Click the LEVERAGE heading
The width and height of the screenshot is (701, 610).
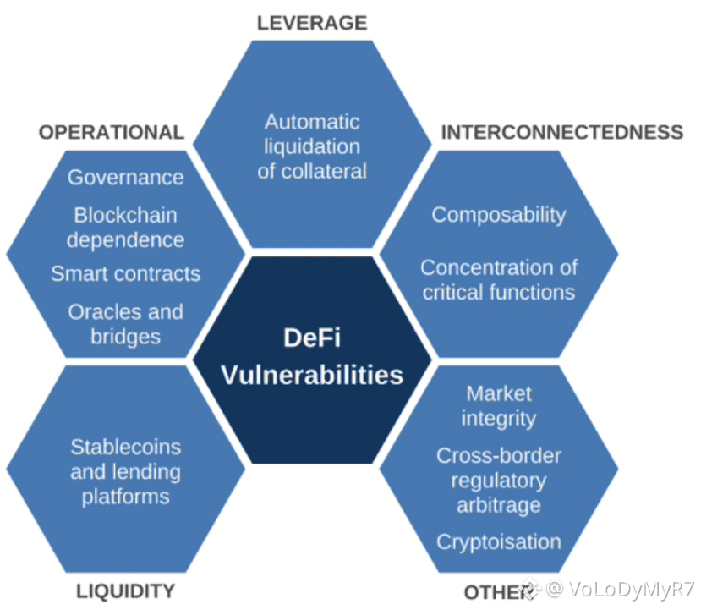click(312, 23)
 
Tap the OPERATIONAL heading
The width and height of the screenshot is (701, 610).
click(111, 132)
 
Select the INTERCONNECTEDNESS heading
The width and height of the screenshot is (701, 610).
click(561, 132)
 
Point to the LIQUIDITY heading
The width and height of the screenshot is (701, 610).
click(125, 591)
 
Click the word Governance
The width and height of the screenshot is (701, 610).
click(125, 178)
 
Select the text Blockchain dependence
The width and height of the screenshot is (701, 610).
click(125, 228)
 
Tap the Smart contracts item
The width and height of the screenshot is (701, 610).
click(125, 274)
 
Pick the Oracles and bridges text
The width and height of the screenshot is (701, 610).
click(125, 324)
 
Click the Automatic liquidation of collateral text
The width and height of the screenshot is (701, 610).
click(312, 146)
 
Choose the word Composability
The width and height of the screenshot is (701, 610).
click(498, 215)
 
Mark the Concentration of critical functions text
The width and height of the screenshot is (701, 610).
click(498, 280)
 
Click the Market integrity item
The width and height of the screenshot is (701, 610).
click(498, 406)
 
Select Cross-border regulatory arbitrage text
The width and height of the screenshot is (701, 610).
click(498, 481)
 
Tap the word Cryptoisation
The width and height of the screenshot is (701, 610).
click(498, 541)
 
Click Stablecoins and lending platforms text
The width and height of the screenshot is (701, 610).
click(125, 471)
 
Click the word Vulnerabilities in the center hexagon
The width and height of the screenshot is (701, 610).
click(312, 374)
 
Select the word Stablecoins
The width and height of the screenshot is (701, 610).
click(125, 446)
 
